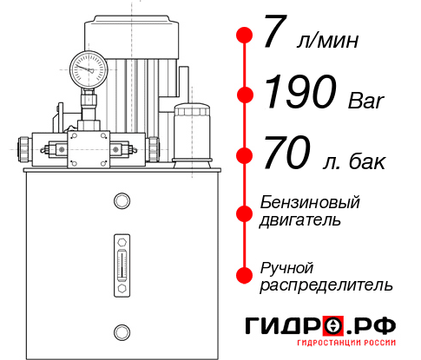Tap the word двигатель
click(300, 220)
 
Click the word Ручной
click(286, 266)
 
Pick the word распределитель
click(326, 284)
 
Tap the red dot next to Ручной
click(246, 274)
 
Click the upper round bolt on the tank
click(122, 201)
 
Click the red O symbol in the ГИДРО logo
click(332, 325)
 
